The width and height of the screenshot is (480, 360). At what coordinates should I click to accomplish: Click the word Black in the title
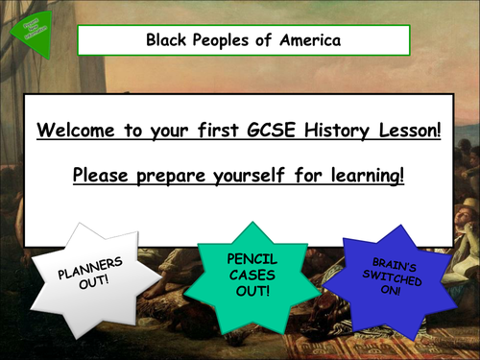pyautogui.click(x=165, y=40)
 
